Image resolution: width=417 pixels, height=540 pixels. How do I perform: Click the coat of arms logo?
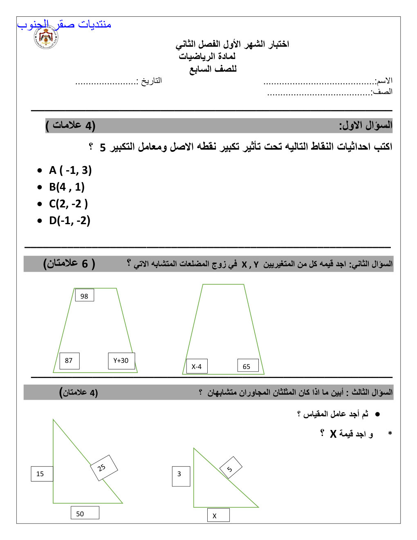click(x=46, y=38)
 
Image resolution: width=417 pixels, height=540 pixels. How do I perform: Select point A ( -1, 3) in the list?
click(x=70, y=170)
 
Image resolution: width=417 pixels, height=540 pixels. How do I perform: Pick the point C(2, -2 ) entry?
click(x=68, y=204)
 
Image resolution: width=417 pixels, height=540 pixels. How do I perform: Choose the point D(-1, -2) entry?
click(x=69, y=220)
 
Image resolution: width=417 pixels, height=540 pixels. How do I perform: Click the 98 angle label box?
click(x=85, y=295)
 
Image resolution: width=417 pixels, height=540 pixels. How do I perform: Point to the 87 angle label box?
click(x=69, y=360)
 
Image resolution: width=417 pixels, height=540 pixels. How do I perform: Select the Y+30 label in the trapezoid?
click(x=121, y=360)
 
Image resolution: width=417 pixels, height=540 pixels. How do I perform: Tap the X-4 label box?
click(x=197, y=366)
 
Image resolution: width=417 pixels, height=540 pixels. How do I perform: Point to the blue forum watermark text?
click(x=64, y=25)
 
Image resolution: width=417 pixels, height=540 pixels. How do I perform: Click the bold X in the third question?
click(x=333, y=434)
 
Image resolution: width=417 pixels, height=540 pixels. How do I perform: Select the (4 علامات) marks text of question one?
click(x=70, y=125)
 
